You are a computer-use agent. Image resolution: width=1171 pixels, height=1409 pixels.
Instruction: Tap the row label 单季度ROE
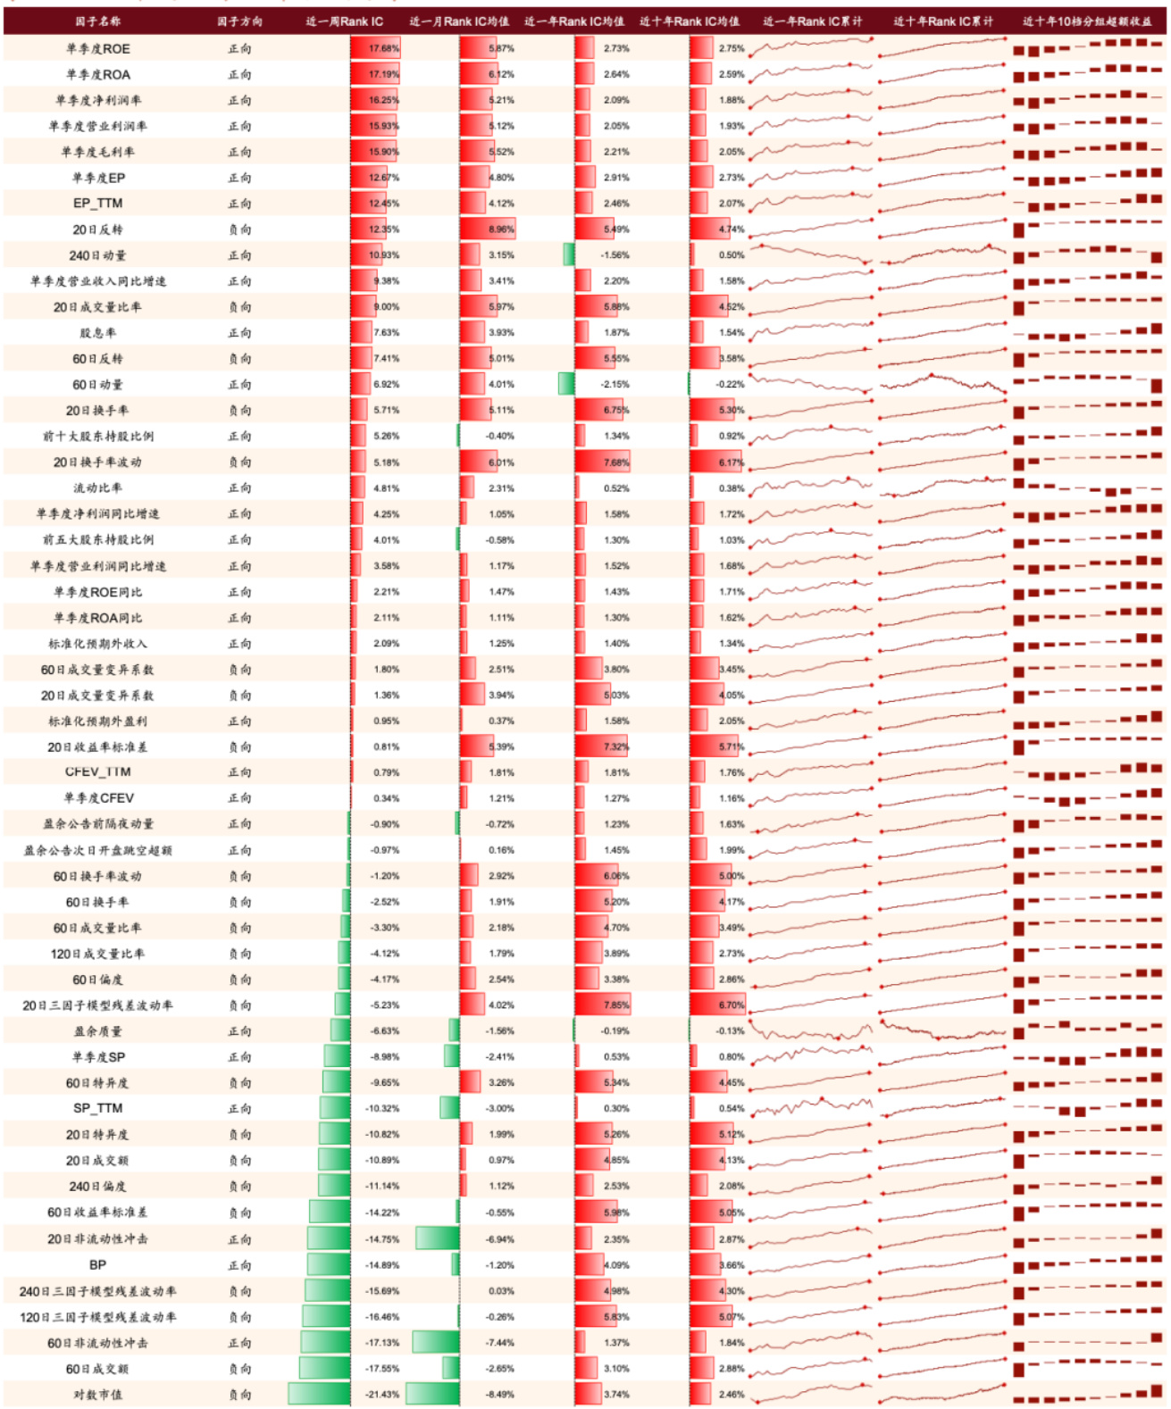pos(98,49)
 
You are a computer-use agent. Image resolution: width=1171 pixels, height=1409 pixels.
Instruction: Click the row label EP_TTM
pos(98,204)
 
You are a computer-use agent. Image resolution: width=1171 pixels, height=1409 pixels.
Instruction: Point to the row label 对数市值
pos(98,1395)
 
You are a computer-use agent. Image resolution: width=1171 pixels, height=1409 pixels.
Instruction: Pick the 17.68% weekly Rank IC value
pos(384,49)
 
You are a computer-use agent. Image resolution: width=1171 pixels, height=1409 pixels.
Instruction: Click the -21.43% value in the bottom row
pos(385,1395)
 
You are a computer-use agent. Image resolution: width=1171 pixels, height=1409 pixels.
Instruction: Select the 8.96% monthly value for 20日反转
pos(501,229)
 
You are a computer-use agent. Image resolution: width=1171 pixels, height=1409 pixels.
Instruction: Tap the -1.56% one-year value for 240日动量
pos(615,255)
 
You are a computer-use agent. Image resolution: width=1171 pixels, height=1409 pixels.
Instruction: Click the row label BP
pos(98,1265)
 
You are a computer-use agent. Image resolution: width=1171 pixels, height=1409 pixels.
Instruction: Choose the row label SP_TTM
pos(98,1108)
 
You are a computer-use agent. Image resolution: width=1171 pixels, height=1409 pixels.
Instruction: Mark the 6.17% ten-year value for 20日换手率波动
pos(731,463)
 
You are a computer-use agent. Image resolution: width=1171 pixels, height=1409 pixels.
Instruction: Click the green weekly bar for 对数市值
pos(319,1395)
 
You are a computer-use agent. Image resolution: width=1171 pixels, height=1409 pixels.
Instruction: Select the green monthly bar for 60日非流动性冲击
pos(436,1343)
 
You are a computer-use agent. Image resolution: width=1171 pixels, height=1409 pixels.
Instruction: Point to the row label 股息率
pos(98,333)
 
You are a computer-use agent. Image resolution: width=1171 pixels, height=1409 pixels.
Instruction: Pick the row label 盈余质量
pos(98,1031)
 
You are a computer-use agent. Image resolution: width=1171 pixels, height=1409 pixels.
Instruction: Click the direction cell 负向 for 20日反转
pos(239,229)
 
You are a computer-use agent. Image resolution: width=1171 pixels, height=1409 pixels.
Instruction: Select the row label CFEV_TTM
pos(98,772)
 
